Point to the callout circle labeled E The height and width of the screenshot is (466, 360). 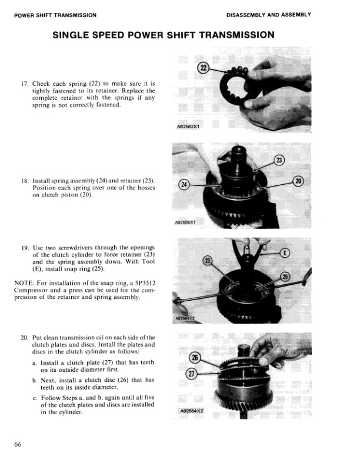coord(285,254)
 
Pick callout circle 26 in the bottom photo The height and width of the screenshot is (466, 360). coord(194,358)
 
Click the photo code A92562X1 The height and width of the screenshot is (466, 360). coord(188,126)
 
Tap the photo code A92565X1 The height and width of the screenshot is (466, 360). coord(186,224)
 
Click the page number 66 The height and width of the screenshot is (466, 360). coord(18,444)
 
